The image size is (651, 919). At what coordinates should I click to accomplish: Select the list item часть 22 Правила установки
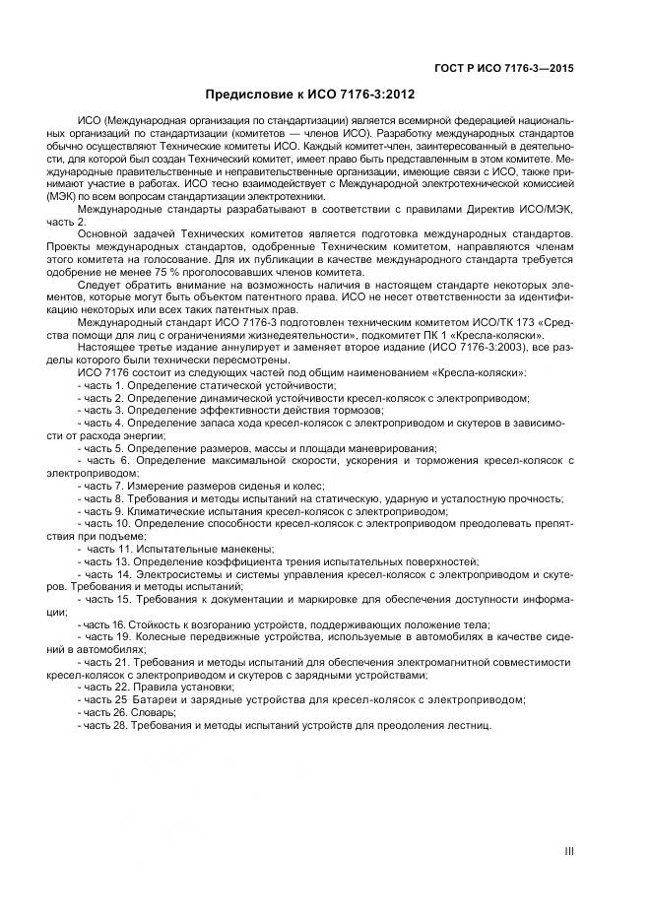(157, 687)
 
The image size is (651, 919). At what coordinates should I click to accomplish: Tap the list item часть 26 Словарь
(128, 711)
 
